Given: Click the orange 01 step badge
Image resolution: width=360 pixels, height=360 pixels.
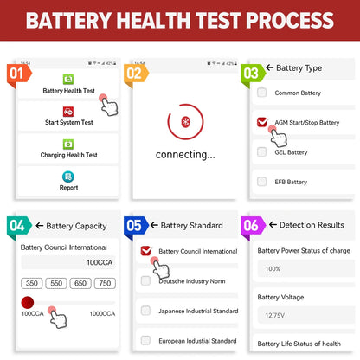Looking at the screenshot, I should [x=17, y=74].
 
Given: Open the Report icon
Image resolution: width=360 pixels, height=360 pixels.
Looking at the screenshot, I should [x=68, y=177].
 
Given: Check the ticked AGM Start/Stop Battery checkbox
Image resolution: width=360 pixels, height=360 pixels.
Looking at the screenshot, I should [x=262, y=123].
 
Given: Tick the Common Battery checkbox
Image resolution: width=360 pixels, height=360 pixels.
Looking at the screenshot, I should [x=262, y=93].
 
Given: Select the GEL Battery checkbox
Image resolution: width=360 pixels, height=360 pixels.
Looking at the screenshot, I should [x=262, y=152].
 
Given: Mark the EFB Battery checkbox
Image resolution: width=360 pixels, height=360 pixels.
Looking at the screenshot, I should [x=262, y=182].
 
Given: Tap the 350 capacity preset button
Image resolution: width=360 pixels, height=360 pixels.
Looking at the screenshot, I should [x=32, y=283].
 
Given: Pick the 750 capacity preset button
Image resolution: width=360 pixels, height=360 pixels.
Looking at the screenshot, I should [x=104, y=283].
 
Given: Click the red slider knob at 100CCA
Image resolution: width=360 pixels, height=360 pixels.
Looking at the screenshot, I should [x=27, y=303].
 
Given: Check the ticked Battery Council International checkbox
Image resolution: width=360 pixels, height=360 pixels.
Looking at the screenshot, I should [x=145, y=251].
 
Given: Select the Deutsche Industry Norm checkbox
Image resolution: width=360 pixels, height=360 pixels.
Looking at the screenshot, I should [x=145, y=280].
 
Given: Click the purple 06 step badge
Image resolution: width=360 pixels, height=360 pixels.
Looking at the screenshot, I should [x=250, y=226].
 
